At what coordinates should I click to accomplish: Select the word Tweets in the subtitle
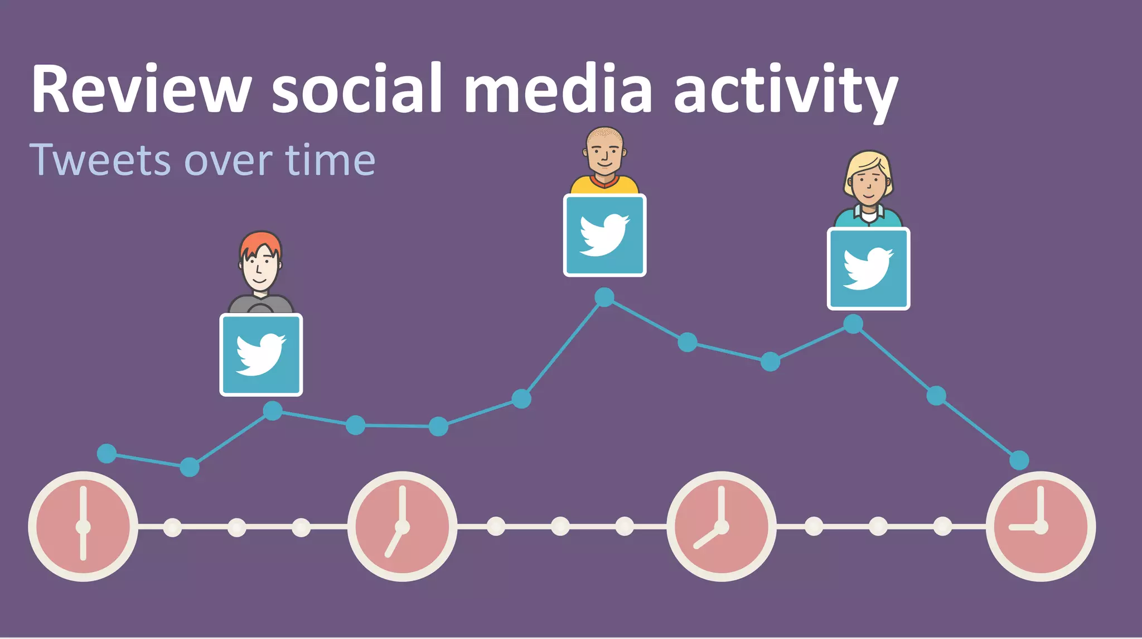100,160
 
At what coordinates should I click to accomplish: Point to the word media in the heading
558,89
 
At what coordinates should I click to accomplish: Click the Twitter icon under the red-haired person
261,355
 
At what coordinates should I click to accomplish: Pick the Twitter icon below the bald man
604,235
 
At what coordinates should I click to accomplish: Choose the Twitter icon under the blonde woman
868,268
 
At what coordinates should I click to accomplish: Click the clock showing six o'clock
83,526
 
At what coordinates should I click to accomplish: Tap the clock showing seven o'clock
402,526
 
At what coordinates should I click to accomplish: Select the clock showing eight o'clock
721,526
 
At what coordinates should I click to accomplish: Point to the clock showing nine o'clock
1041,526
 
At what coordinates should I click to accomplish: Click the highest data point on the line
604,297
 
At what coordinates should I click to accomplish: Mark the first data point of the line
107,453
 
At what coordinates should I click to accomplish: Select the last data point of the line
1019,460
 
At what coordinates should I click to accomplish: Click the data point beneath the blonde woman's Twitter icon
853,324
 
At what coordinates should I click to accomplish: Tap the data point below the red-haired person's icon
272,411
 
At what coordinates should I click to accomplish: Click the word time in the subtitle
331,160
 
